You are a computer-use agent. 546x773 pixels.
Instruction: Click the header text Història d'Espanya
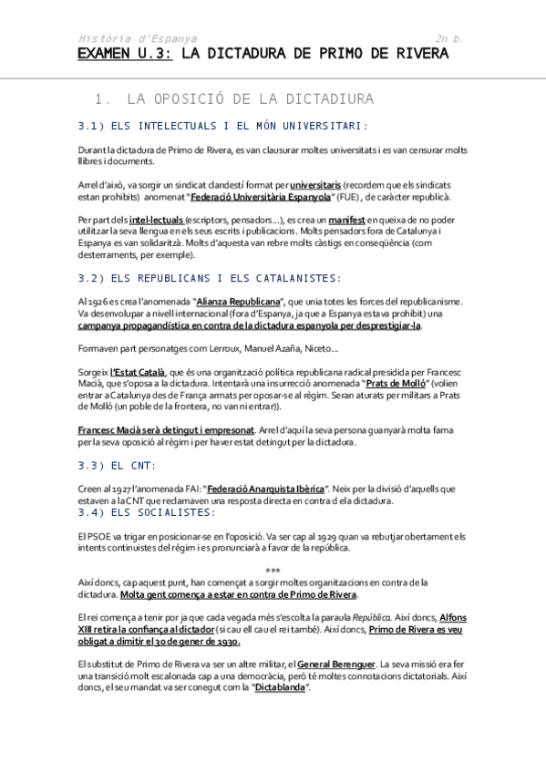tap(138, 38)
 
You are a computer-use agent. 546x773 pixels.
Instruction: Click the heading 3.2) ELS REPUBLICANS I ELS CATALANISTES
tap(211, 278)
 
